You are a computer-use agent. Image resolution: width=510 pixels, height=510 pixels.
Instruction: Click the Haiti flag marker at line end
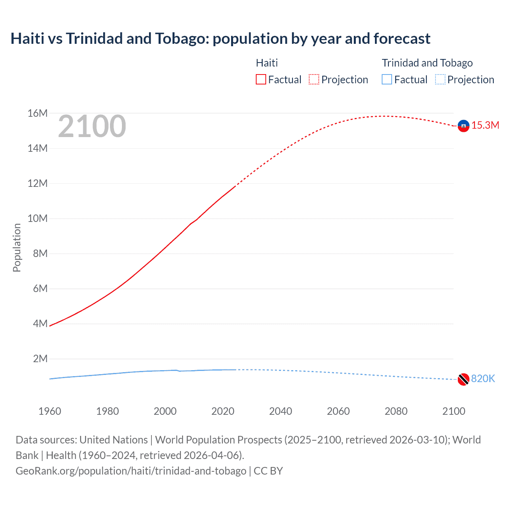463,126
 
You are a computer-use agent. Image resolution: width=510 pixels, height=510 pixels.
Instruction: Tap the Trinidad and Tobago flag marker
463,379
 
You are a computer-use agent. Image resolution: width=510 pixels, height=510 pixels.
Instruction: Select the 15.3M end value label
485,126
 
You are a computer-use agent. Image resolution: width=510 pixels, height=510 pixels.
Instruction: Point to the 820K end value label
483,379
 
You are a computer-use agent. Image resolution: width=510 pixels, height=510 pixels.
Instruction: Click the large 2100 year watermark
92,127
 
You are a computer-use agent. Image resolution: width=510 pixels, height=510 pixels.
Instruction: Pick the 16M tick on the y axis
37,114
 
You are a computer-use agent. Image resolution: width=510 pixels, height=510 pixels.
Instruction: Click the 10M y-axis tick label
37,219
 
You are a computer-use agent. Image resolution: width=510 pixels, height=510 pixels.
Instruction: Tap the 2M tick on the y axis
40,359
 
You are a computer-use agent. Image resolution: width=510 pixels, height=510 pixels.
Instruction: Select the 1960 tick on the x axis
50,412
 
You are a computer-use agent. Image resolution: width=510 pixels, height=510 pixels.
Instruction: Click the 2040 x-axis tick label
280,412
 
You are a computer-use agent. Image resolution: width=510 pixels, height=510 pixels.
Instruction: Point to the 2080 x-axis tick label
396,412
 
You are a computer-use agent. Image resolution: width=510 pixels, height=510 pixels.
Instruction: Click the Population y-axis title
17,247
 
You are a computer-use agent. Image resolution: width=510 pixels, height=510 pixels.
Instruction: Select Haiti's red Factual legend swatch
261,80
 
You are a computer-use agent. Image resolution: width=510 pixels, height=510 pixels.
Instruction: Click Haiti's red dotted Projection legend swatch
314,80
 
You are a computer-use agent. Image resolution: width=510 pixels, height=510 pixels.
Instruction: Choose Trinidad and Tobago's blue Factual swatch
387,80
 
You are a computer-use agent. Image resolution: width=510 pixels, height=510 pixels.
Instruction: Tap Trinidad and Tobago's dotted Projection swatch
440,80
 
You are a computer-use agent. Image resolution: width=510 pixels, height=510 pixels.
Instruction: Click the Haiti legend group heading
267,63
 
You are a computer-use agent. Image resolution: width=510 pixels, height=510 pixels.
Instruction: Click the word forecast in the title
402,39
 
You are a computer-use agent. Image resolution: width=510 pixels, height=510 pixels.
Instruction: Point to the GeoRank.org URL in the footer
131,471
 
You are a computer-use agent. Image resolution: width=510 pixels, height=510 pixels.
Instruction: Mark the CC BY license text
268,471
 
